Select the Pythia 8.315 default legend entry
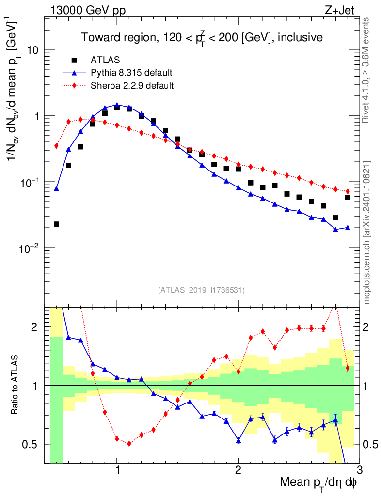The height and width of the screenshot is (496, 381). tap(131, 73)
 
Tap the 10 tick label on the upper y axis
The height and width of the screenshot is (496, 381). tap(32, 50)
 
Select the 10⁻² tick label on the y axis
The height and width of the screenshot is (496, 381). tap(30, 248)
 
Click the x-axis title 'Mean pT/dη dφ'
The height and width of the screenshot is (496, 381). tap(318, 483)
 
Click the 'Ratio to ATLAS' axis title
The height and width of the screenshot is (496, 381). tap(16, 386)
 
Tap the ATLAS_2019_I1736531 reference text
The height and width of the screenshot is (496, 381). tap(201, 290)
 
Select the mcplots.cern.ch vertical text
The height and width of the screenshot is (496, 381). tap(367, 232)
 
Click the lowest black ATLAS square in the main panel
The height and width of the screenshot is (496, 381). tap(56, 224)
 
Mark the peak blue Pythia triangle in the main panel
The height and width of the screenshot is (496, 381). tap(117, 105)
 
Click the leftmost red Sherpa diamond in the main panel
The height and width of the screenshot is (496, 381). tap(56, 146)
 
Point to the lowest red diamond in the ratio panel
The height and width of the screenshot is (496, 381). tap(129, 443)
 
